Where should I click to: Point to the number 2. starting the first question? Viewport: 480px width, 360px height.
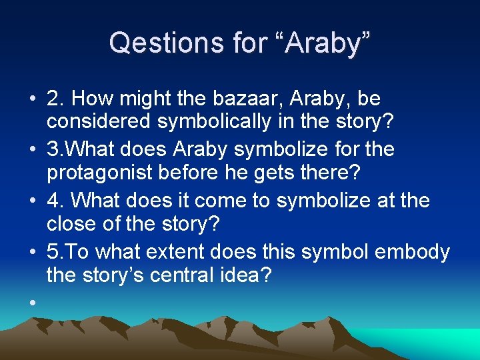tap(55, 99)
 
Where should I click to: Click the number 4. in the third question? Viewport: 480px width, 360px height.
tap(55, 199)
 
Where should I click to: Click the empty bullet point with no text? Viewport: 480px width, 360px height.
tap(31, 302)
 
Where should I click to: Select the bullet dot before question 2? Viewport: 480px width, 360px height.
tap(31, 99)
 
